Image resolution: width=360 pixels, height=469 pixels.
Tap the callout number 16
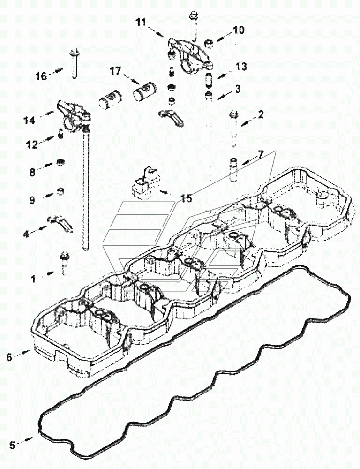click(x=41, y=76)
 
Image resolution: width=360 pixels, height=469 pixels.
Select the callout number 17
click(x=115, y=71)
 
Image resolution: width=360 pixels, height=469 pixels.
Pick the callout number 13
click(x=241, y=67)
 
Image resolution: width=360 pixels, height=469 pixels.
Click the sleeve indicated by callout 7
click(x=233, y=169)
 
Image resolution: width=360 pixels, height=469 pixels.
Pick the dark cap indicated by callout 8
click(x=60, y=162)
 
